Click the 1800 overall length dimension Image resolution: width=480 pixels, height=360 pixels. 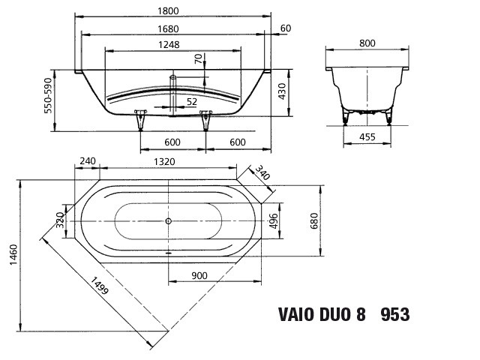tap(168, 11)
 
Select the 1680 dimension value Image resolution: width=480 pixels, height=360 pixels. tap(168, 29)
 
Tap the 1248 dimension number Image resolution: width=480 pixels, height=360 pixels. tap(169, 45)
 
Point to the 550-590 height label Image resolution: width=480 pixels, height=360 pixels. tap(48, 95)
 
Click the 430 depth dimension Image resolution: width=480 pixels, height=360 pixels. tap(282, 91)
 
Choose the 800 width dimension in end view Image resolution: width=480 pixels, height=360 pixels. tap(367, 43)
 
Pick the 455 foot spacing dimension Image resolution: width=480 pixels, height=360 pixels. tap(367, 136)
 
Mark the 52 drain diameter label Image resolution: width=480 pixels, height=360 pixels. tap(192, 102)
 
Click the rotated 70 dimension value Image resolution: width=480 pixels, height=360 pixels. tap(199, 58)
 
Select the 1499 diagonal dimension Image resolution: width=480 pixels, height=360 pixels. tap(99, 285)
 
